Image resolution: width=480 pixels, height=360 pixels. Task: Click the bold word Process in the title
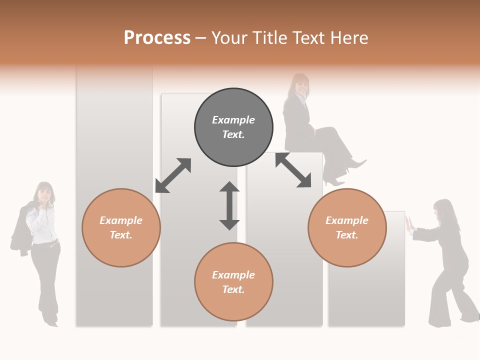click(157, 38)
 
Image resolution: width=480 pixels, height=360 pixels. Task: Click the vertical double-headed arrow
click(229, 205)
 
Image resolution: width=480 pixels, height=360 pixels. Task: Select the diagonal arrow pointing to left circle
click(173, 175)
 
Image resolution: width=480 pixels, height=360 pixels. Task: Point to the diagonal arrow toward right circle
click(293, 170)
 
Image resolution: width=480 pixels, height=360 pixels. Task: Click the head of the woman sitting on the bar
click(300, 85)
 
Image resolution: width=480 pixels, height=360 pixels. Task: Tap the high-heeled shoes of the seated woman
click(345, 172)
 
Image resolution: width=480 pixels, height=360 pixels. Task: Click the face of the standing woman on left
click(45, 192)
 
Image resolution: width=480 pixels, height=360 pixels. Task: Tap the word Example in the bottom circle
click(233, 275)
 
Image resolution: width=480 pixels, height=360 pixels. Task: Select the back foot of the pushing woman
click(470, 317)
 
